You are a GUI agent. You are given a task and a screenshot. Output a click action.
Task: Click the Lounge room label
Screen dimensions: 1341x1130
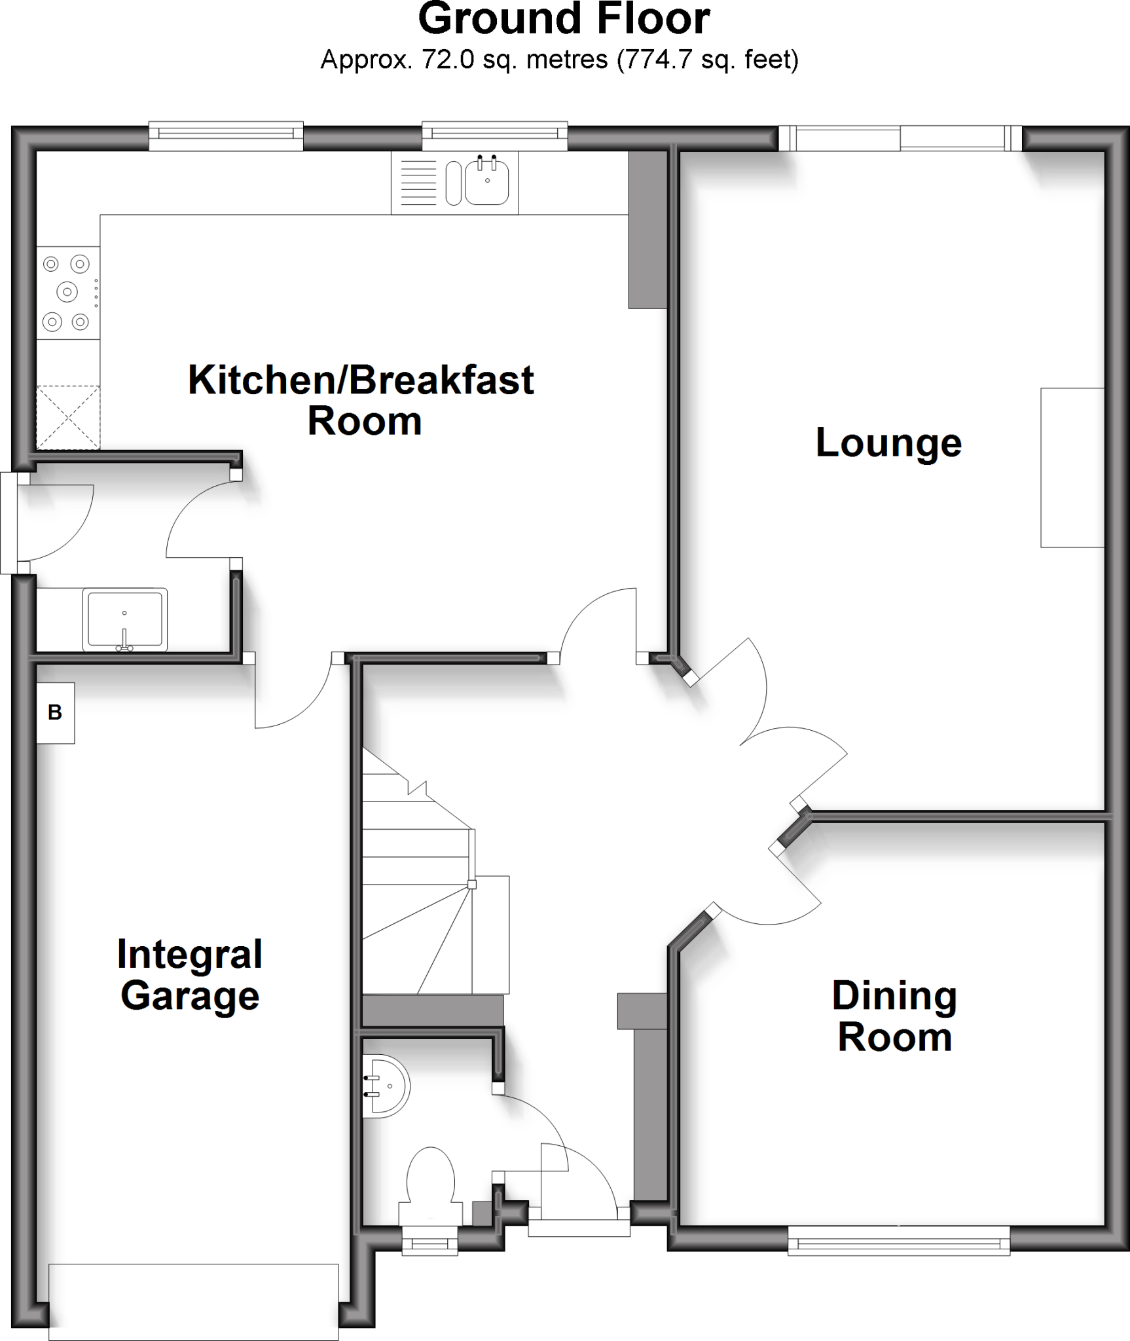(x=888, y=443)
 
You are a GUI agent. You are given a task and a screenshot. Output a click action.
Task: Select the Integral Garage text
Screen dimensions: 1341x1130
(x=190, y=975)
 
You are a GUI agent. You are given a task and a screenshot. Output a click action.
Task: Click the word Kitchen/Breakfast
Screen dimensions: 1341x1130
(x=361, y=380)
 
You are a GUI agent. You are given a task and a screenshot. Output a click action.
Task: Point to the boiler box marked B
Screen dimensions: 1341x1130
(x=55, y=712)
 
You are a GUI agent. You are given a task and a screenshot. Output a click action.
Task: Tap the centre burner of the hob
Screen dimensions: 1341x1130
(x=67, y=292)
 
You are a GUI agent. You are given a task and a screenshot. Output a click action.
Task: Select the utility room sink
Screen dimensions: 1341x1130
(x=124, y=619)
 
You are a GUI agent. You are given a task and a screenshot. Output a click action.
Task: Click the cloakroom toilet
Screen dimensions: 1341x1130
(x=430, y=1179)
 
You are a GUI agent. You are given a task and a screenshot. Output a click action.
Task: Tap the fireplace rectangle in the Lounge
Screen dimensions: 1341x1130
(x=1072, y=468)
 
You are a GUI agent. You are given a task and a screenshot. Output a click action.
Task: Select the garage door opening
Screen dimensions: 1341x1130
(x=193, y=1303)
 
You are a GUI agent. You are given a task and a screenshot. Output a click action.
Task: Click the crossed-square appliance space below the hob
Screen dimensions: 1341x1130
(x=67, y=418)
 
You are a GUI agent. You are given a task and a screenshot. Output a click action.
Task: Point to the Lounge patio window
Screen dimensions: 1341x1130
(x=900, y=138)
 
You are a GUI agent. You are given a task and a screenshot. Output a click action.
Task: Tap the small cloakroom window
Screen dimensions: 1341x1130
(x=429, y=1242)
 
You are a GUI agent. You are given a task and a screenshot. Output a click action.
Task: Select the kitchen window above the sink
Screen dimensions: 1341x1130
(x=494, y=135)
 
